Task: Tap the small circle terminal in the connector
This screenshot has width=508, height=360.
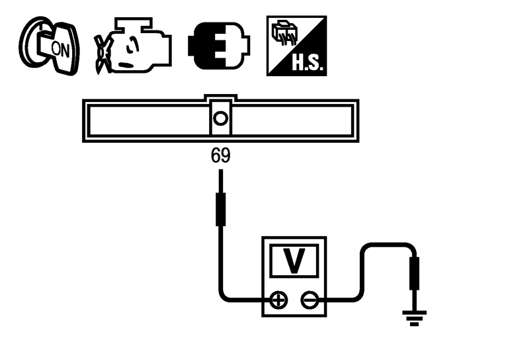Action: coord(220,119)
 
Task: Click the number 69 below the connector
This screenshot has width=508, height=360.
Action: coord(220,156)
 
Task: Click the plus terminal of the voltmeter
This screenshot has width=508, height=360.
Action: coord(278,301)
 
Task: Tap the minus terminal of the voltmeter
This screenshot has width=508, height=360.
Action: coord(309,301)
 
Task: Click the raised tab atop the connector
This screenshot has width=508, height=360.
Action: coord(220,99)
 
